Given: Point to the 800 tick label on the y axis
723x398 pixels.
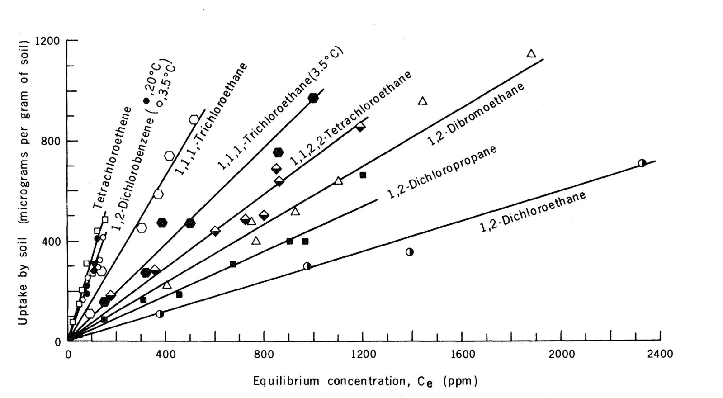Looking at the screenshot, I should pyautogui.click(x=51, y=141).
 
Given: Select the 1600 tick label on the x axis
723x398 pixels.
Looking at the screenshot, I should pyautogui.click(x=463, y=354).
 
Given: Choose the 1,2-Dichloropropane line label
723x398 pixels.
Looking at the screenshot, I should pyautogui.click(x=442, y=172).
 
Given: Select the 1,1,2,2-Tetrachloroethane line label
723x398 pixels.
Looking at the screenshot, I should pyautogui.click(x=350, y=118).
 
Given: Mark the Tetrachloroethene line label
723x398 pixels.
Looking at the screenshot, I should pyautogui.click(x=112, y=158).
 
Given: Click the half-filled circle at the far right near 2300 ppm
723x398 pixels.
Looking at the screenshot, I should pyautogui.click(x=642, y=163).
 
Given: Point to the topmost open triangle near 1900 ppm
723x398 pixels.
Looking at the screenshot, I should pyautogui.click(x=531, y=54).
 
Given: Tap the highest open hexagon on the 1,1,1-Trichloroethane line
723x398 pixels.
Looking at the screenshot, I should pyautogui.click(x=194, y=120).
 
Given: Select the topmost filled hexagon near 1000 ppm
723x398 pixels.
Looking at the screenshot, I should pyautogui.click(x=313, y=98).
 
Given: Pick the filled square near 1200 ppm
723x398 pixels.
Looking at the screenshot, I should pyautogui.click(x=363, y=175).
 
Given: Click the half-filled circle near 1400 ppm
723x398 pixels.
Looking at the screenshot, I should pyautogui.click(x=409, y=252).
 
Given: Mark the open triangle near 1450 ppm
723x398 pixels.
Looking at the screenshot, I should pyautogui.click(x=423, y=101).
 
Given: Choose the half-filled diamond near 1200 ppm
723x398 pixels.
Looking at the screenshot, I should pyautogui.click(x=360, y=127).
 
